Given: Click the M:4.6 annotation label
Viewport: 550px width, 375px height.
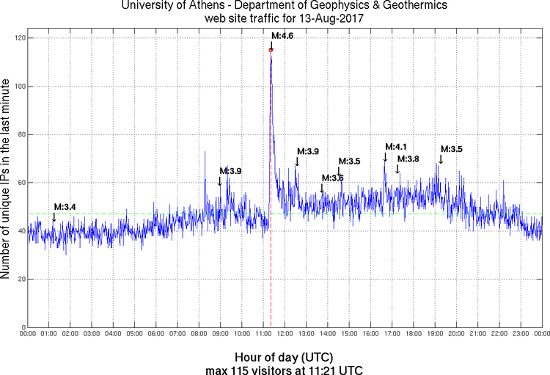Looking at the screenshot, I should (282, 35).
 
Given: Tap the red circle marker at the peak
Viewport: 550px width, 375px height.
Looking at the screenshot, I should (271, 50).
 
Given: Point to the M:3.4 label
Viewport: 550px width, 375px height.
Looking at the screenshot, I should (65, 206).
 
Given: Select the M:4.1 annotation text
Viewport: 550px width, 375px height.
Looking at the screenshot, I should (395, 146).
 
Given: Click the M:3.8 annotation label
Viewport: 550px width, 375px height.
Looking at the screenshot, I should (408, 159).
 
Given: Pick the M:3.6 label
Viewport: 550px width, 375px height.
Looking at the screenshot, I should (332, 178).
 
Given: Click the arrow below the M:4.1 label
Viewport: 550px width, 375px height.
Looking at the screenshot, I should (385, 156).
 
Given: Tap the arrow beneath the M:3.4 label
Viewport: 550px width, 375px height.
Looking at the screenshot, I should (54, 217).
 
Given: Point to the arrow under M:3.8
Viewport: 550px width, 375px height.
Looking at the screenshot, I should (398, 169).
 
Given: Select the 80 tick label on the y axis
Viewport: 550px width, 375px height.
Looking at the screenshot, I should (18, 134).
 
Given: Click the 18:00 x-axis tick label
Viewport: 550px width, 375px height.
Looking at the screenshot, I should (413, 334).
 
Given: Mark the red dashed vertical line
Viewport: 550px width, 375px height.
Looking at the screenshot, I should (271, 279).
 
